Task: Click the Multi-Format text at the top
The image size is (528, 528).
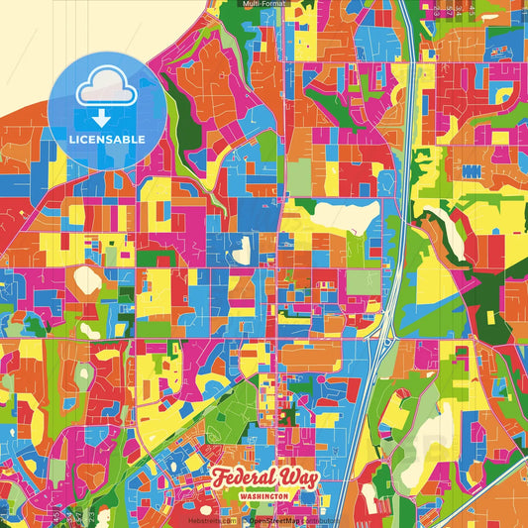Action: [264, 4]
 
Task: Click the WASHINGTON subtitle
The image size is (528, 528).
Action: [264, 494]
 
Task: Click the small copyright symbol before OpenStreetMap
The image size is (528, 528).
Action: [243, 519]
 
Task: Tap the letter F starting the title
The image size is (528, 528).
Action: [219, 475]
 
